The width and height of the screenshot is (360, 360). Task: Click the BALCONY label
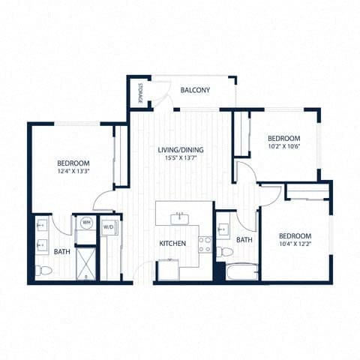(x=195, y=91)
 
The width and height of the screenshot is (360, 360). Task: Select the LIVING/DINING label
(x=180, y=150)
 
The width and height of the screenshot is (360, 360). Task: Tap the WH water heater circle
(x=86, y=223)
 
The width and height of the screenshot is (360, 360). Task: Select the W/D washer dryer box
(x=108, y=226)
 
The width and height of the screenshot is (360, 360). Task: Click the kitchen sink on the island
(x=179, y=217)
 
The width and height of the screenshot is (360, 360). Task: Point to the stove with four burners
(x=205, y=244)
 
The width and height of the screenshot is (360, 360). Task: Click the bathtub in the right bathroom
(x=238, y=270)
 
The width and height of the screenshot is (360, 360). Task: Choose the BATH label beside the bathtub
(x=244, y=240)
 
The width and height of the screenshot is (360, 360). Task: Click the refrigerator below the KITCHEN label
(x=169, y=269)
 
